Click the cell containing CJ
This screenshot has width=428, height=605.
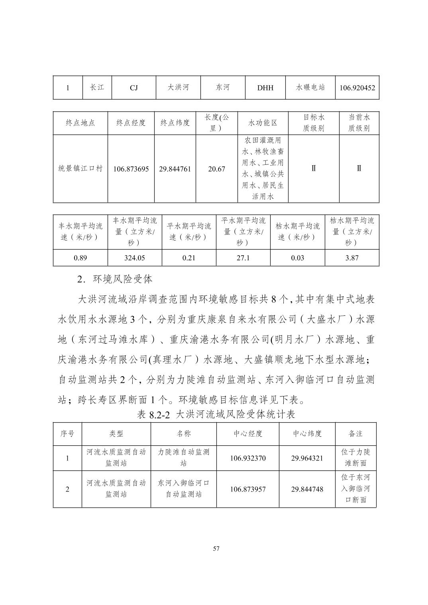(x=134, y=88)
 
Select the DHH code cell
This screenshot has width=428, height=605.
(x=265, y=88)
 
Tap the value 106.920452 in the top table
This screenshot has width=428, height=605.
(x=357, y=88)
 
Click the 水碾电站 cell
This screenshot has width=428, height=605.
(x=310, y=87)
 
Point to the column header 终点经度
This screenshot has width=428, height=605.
(x=131, y=123)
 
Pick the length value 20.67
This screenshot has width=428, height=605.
(x=216, y=169)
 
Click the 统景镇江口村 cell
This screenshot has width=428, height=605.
(x=80, y=168)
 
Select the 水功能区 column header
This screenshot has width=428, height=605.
(x=263, y=123)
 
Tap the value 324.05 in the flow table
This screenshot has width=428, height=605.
(x=135, y=258)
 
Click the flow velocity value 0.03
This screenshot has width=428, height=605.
(x=297, y=258)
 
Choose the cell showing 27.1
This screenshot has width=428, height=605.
(x=243, y=258)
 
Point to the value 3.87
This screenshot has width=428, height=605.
(x=352, y=258)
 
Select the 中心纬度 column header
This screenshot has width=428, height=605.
(x=307, y=433)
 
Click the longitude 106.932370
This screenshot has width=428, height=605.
(x=248, y=458)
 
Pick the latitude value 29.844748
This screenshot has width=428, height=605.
(x=307, y=489)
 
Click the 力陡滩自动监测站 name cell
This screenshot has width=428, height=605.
(x=184, y=458)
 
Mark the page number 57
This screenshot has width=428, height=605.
(x=216, y=548)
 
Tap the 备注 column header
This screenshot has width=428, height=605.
(x=355, y=433)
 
